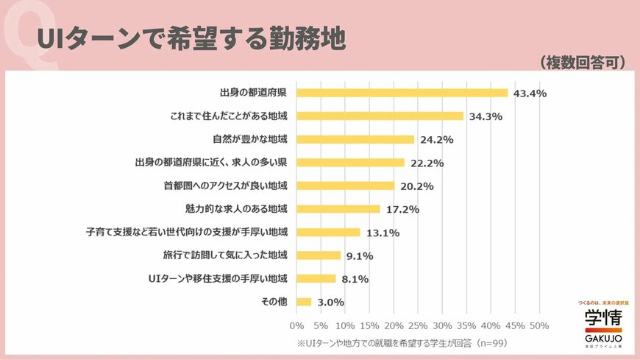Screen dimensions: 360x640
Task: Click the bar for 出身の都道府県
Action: point(402,93)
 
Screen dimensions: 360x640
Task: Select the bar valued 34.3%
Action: point(380,116)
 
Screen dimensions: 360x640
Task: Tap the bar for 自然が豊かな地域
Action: point(355,139)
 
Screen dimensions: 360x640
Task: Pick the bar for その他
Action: point(304,302)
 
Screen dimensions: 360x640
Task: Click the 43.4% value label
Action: point(530,93)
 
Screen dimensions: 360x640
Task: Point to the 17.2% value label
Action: point(402,209)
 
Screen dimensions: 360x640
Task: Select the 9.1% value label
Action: point(359,256)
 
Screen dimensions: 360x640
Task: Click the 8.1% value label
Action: point(354,279)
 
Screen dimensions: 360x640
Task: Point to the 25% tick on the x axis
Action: point(418,325)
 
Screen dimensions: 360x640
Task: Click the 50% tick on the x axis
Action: point(539,325)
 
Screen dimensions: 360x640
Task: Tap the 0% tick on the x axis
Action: point(296,325)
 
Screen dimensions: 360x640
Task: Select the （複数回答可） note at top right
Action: point(581,63)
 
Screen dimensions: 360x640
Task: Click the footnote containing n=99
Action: point(402,343)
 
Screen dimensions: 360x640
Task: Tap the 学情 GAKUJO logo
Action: point(602,324)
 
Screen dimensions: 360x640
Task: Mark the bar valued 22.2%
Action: point(350,163)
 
